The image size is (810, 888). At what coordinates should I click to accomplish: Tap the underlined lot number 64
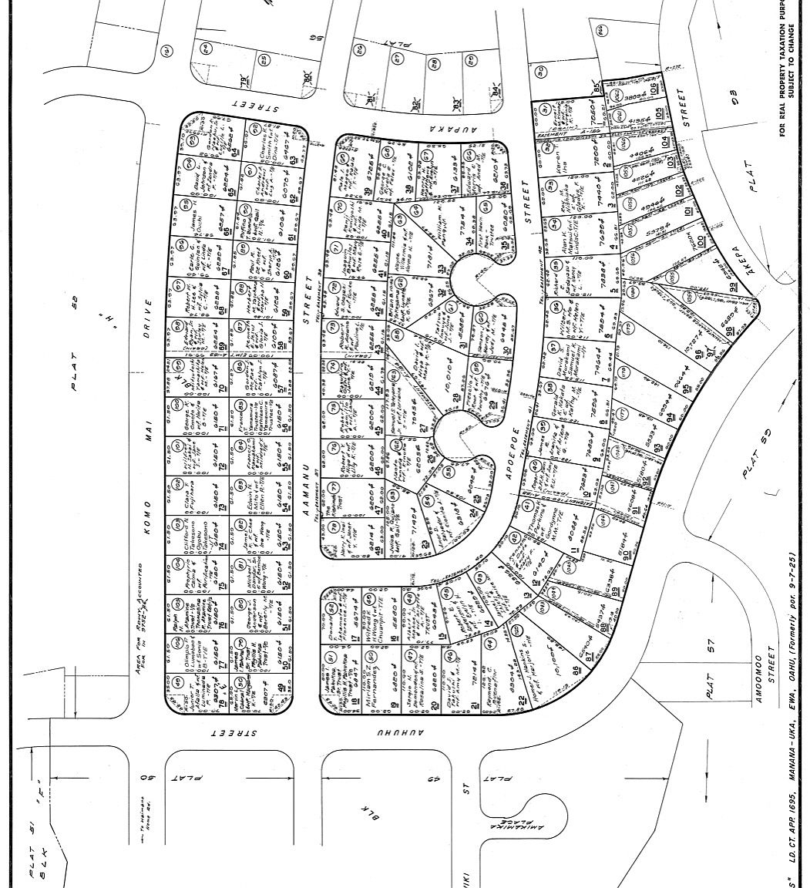[235, 150]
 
